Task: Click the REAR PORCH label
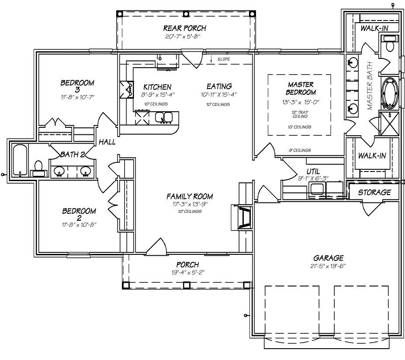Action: pos(184,28)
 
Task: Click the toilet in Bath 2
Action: pos(38,168)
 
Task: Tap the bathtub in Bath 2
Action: pos(19,160)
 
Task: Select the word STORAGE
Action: pos(374,192)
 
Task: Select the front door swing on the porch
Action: pos(156,247)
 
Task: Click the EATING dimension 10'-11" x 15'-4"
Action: pos(219,94)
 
